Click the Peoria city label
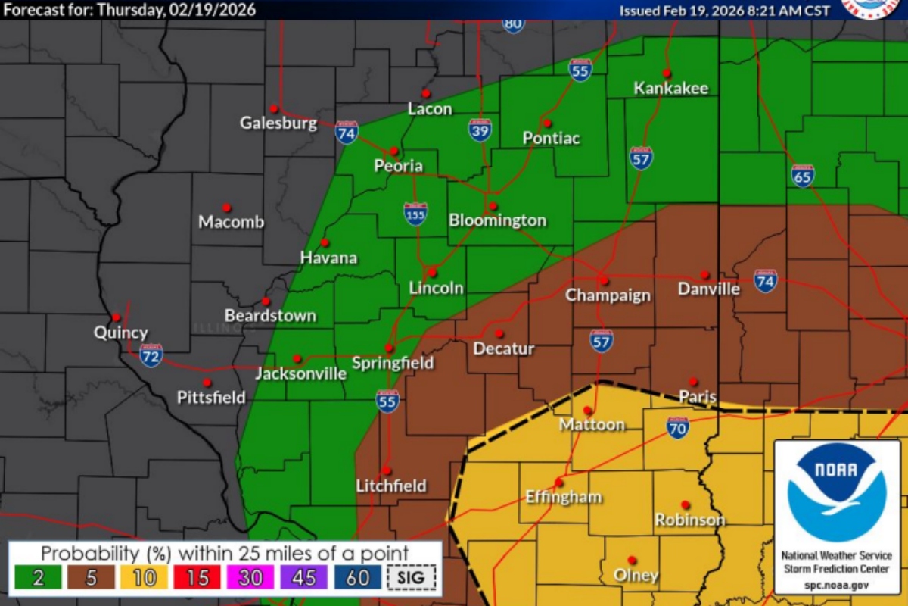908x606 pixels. pyautogui.click(x=398, y=166)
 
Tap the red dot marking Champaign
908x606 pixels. pyautogui.click(x=605, y=280)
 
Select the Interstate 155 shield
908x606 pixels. pyautogui.click(x=415, y=214)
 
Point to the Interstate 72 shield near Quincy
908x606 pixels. pyautogui.click(x=151, y=355)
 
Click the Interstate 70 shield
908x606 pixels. pyautogui.click(x=677, y=428)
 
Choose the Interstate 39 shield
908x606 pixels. pyautogui.click(x=479, y=130)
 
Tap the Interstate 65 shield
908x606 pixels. pyautogui.click(x=803, y=175)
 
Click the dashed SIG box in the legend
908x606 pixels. pyautogui.click(x=412, y=577)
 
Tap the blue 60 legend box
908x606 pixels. pyautogui.click(x=358, y=577)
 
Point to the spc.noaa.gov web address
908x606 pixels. pyautogui.click(x=836, y=585)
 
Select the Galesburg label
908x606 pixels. pyautogui.click(x=278, y=123)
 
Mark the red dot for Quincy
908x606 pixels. pyautogui.click(x=117, y=317)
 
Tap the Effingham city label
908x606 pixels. pyautogui.click(x=564, y=497)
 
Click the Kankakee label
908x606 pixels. pyautogui.click(x=670, y=88)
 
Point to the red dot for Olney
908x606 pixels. pyautogui.click(x=633, y=561)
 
